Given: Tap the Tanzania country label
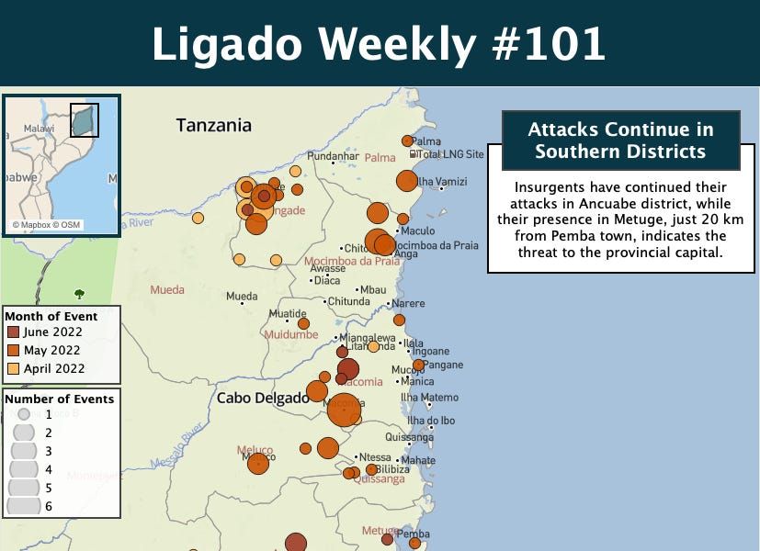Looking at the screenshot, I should (213, 126).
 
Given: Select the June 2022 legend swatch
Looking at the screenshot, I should (13, 332).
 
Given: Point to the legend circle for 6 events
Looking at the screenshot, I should (23, 505).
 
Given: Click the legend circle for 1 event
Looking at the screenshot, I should (24, 414).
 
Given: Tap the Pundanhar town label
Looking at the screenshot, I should (333, 157).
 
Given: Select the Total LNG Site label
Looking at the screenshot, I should (451, 154).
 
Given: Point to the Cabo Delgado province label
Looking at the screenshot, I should (263, 399).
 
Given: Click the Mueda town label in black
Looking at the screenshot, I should (242, 297).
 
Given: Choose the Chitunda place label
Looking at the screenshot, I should (348, 301).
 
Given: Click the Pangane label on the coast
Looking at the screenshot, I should (444, 365).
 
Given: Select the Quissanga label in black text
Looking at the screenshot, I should (409, 437).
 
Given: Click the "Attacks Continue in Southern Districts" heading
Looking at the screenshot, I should (620, 141).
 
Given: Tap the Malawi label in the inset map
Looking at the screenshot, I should (39, 129).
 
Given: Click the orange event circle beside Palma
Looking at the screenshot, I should (407, 141).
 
